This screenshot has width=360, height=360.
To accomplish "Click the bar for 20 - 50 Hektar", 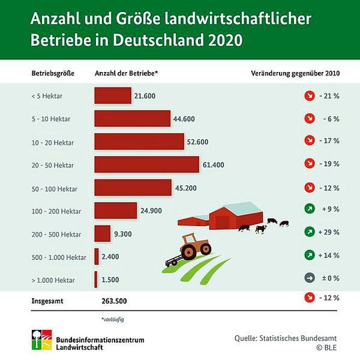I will [147, 164].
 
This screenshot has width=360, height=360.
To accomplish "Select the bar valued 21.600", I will [113, 96].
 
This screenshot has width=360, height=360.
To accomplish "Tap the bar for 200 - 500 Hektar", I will [103, 233].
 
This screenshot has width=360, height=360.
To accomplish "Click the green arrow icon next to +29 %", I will [309, 232].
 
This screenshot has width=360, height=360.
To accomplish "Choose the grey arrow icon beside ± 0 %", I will [309, 278].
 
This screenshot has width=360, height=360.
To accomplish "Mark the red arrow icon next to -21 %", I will [309, 96].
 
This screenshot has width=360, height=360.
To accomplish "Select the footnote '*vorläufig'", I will [113, 319].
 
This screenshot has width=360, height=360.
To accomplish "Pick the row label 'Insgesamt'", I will [49, 301].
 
